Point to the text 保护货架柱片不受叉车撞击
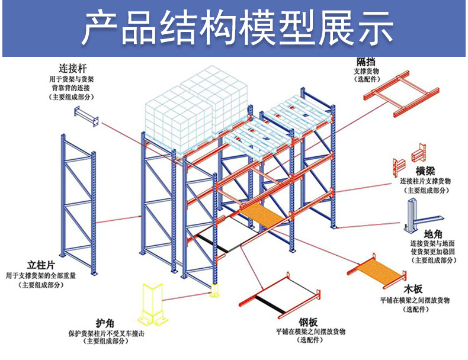[x=107, y=333]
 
